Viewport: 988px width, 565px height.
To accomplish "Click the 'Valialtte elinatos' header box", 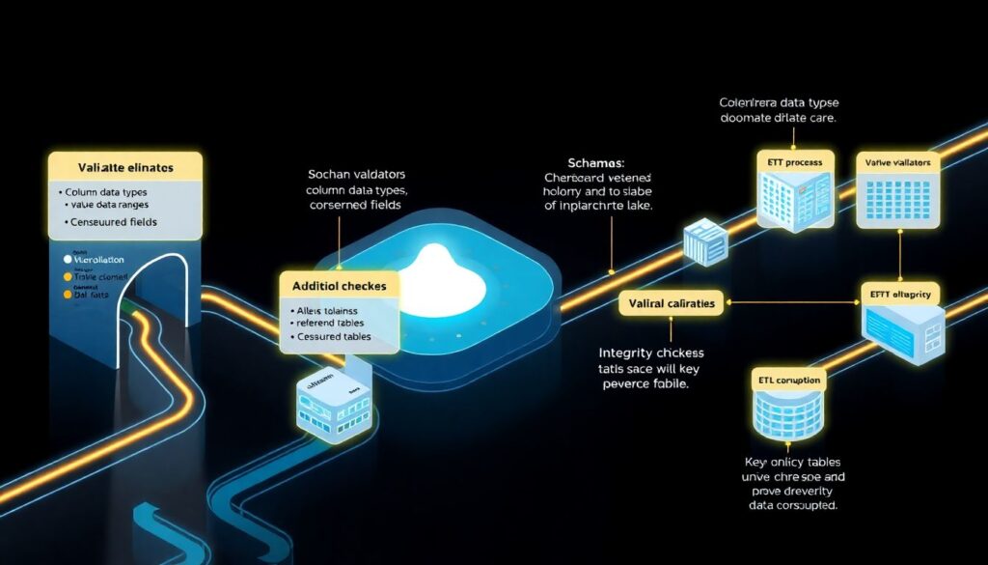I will [x=124, y=168].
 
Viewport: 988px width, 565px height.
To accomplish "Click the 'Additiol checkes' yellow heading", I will [x=340, y=286].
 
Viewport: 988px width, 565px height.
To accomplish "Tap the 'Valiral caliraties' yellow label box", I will [x=672, y=304].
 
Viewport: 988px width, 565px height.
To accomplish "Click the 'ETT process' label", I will [x=790, y=162].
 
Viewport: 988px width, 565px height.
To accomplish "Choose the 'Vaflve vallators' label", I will [x=896, y=163].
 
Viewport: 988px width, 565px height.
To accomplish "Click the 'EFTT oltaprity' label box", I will [x=900, y=293].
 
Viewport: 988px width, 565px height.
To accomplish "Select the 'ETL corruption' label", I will [x=786, y=381].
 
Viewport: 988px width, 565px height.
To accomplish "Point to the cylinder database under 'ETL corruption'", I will [x=786, y=415].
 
